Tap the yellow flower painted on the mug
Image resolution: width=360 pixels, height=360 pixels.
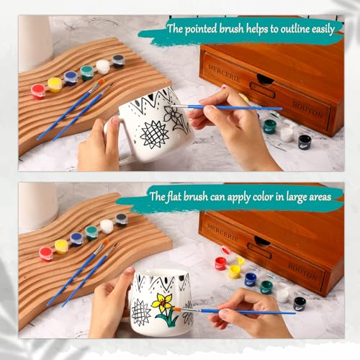163,301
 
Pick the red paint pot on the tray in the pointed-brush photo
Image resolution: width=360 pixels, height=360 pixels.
38,91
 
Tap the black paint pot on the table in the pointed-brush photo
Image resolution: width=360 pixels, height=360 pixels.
305,141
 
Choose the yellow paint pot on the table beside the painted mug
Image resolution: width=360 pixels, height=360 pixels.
235,271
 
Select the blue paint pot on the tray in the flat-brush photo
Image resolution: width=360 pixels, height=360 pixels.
76,238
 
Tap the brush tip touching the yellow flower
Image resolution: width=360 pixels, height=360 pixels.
175,309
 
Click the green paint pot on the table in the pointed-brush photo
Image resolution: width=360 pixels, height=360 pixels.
269,127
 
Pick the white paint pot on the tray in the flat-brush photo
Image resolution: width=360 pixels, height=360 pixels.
107,226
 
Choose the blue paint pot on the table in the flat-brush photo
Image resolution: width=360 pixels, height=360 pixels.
250,279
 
